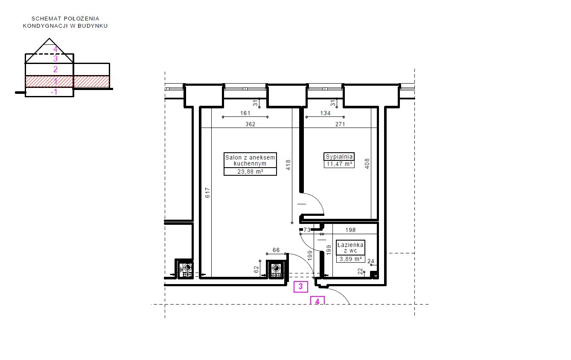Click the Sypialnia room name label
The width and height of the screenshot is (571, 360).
pyautogui.click(x=339, y=157)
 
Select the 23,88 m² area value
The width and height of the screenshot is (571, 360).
pyautogui.click(x=250, y=172)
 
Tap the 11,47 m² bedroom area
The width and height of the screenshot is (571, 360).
pyautogui.click(x=339, y=164)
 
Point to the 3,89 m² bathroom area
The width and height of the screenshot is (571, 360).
pyautogui.click(x=350, y=259)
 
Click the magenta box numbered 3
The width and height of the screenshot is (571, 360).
pyautogui.click(x=301, y=287)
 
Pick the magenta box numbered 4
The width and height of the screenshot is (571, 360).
pyautogui.click(x=318, y=301)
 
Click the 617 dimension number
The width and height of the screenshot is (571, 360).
pyautogui.click(x=208, y=193)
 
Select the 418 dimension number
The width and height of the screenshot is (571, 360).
pyautogui.click(x=288, y=165)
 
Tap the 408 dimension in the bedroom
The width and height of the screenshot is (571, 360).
pyautogui.click(x=367, y=163)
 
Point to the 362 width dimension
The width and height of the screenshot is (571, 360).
pyautogui.click(x=251, y=124)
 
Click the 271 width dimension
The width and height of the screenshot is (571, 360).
pyautogui.click(x=340, y=124)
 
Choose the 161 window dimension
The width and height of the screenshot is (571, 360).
pyautogui.click(x=245, y=113)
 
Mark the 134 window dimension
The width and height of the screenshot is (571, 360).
pyautogui.click(x=325, y=113)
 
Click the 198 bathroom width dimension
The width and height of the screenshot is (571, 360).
pyautogui.click(x=350, y=230)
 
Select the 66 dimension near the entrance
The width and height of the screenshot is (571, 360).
pyautogui.click(x=276, y=250)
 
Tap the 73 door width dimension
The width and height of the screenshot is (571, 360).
pyautogui.click(x=307, y=230)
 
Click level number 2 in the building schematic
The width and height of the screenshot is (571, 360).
pyautogui.click(x=55, y=69)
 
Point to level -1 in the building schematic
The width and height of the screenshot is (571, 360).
pyautogui.click(x=54, y=92)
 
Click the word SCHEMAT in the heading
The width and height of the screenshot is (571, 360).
pyautogui.click(x=47, y=19)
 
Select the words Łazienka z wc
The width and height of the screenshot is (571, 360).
pyautogui.click(x=350, y=248)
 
